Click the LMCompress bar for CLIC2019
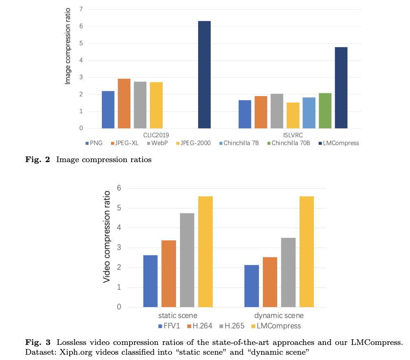(x=204, y=75)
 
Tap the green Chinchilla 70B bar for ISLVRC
(x=325, y=111)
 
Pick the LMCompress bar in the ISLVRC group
(x=341, y=88)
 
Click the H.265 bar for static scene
(x=187, y=260)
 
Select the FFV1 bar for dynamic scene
(x=251, y=286)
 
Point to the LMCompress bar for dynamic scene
(x=306, y=252)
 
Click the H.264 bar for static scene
(x=169, y=274)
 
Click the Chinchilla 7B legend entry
(x=242, y=143)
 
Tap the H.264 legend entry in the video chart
(x=198, y=326)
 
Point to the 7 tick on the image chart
(x=81, y=9)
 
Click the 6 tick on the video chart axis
(x=119, y=188)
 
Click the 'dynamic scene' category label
(x=279, y=316)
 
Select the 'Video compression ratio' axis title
(x=107, y=237)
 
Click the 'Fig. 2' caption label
(x=36, y=160)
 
